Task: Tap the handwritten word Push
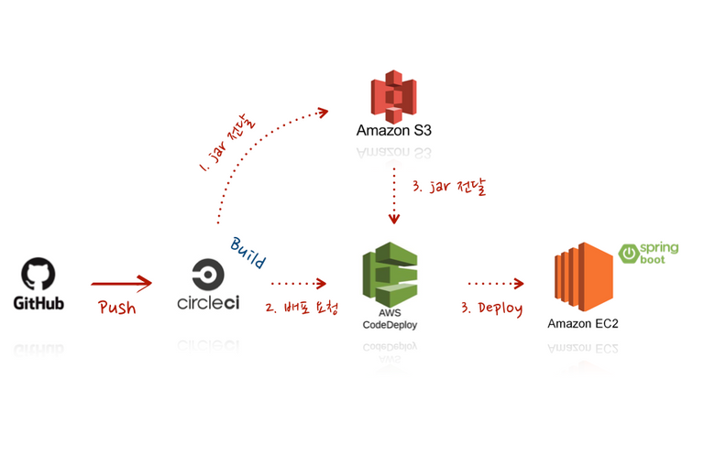(117, 308)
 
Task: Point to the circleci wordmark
(208, 303)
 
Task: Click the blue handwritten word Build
(248, 253)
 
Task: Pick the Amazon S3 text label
(394, 131)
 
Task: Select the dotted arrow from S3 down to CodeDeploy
(394, 195)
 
